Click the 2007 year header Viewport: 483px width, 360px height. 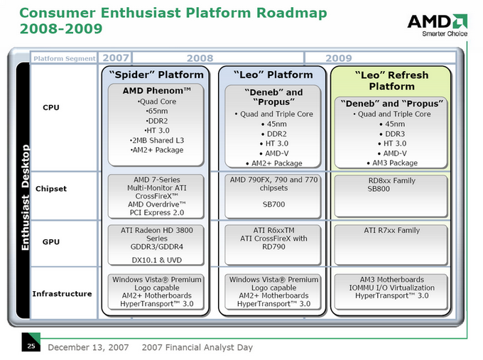116,58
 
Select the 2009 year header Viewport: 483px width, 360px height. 339,58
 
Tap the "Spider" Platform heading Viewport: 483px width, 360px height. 156,75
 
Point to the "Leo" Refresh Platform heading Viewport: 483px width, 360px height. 391,81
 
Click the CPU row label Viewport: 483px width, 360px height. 51,107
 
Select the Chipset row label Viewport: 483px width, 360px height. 51,189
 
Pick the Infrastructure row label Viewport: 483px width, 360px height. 62,294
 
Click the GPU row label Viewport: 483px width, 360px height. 51,241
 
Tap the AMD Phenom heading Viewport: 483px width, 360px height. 156,91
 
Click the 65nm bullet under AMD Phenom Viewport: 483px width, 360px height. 157,111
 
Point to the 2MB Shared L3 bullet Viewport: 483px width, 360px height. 157,141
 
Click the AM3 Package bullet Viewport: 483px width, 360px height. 392,163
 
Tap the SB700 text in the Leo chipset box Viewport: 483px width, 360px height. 273,204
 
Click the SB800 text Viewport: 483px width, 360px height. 379,189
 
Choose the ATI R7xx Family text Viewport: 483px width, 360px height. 392,230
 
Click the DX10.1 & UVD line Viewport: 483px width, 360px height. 157,260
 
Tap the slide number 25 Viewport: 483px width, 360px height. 31,346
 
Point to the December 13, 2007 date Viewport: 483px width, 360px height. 88,347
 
